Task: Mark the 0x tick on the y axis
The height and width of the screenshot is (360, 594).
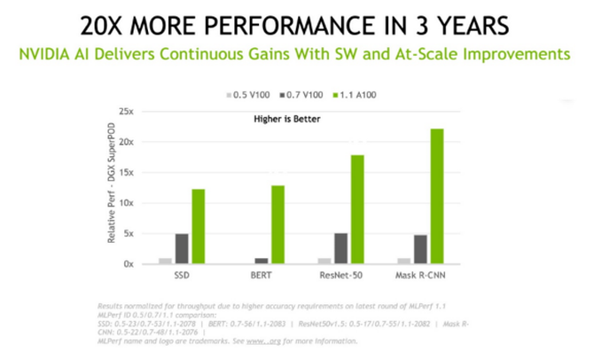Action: click(x=128, y=264)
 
